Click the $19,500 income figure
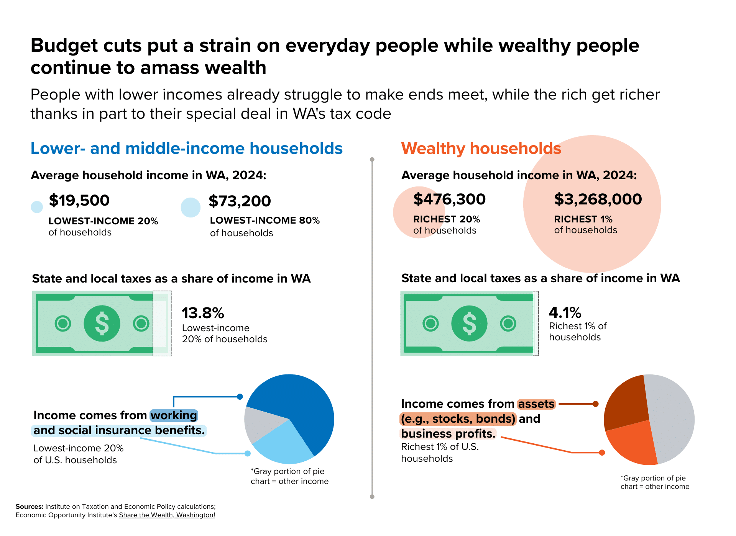coord(79,200)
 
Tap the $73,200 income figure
coord(240,201)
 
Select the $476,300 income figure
coord(449,199)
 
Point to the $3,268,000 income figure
coord(598,199)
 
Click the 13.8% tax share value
coord(203,313)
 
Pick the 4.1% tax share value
coord(565,312)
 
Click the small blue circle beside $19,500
coord(37,207)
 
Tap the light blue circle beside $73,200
coord(191,208)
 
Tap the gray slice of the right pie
coord(673,417)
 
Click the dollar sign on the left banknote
coord(102,324)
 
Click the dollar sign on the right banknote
coord(469,324)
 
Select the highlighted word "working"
coord(174,415)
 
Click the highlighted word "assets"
coord(536,404)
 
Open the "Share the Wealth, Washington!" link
coord(167,515)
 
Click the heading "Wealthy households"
coord(481,149)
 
